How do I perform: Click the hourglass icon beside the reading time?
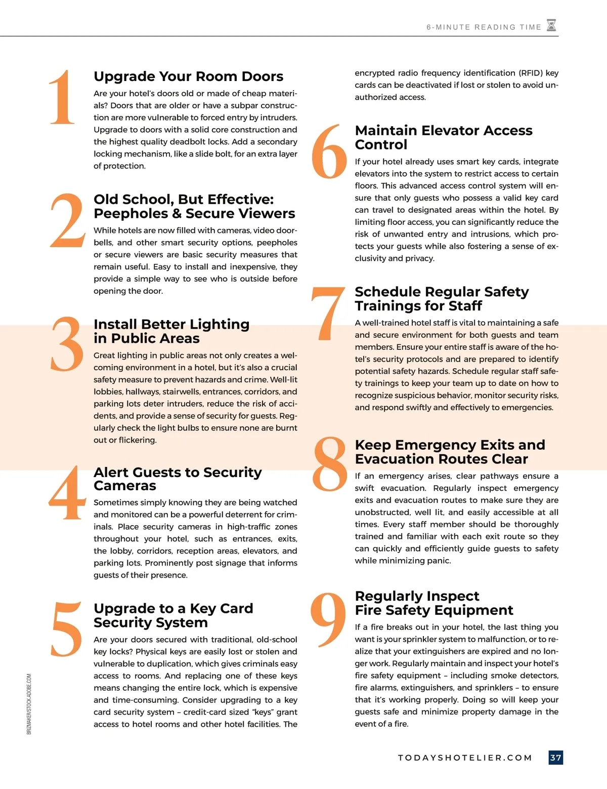(x=551, y=25)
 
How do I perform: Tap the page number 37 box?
(x=555, y=758)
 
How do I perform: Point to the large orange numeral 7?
(x=328, y=312)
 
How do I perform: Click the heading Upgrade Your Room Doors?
(x=188, y=76)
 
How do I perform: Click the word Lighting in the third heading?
(x=219, y=324)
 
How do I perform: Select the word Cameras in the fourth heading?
(x=125, y=486)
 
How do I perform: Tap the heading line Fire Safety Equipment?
(x=433, y=610)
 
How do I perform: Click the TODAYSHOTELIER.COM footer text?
(x=465, y=758)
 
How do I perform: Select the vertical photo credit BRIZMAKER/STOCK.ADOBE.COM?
(x=29, y=704)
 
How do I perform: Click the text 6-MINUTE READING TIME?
(x=484, y=27)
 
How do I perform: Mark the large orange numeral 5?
(x=67, y=629)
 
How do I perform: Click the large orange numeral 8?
(x=329, y=464)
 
